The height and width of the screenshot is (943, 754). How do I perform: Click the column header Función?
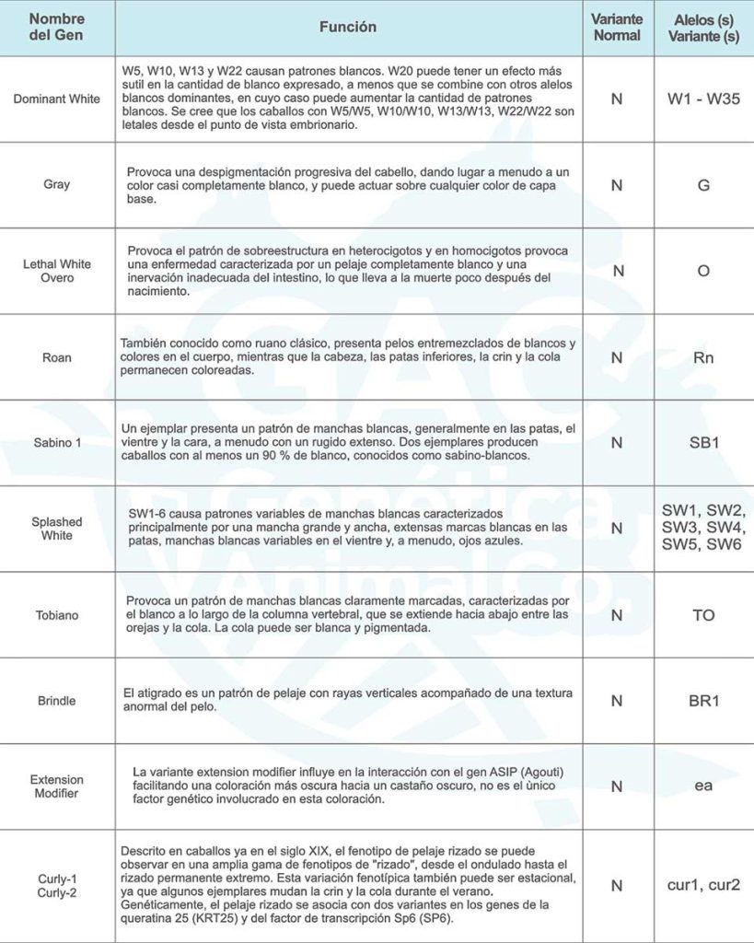coord(348,28)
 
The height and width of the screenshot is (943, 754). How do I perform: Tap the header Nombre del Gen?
coord(57,28)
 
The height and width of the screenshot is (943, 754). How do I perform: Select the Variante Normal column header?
coord(617,28)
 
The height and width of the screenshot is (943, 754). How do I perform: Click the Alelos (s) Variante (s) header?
coord(704,28)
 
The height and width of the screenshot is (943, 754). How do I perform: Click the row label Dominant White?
coord(57,99)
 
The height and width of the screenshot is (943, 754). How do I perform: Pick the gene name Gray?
coord(57,184)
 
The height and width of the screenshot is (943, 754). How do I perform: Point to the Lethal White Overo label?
coord(57,271)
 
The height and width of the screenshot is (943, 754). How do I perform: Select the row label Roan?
coord(57,356)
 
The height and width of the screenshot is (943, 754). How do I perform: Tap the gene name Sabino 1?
coord(57,442)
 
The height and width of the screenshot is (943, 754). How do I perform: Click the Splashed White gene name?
coord(57,529)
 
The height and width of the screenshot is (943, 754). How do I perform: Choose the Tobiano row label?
coord(57,614)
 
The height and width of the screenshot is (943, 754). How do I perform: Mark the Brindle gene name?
coord(57,701)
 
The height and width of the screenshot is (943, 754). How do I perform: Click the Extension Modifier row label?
coord(57,786)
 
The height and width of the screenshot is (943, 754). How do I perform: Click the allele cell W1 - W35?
coord(704,99)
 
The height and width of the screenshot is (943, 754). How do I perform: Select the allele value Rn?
coord(704,356)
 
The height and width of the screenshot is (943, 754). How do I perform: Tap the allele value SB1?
coord(704,442)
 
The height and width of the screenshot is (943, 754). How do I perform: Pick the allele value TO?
coord(704,614)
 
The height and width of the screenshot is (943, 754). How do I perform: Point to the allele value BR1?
coord(704,701)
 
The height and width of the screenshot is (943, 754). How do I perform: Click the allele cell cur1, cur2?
coord(704,886)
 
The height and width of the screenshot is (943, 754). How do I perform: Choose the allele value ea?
coord(704,786)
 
